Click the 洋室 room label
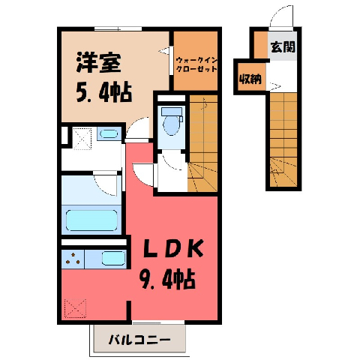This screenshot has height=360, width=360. pos(99,62)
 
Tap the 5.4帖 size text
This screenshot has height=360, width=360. pos(104,91)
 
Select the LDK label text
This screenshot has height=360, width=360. pos(172,249)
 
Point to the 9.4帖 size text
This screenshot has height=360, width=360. pos(167,278)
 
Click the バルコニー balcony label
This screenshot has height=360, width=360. pos(139,340)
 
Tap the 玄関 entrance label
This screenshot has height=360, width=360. pos(283,46)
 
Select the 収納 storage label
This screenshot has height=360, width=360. pos(250,79)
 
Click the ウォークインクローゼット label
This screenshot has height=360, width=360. pos(196,64)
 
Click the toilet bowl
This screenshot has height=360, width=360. pos(172,122)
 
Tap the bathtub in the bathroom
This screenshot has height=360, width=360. pos(91,220)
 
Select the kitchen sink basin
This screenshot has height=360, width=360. pos(113,258)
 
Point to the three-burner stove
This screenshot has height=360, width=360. pos(73,259)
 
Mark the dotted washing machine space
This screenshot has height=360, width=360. pos(82,138)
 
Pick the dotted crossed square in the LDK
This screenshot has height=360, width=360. pos(75,308)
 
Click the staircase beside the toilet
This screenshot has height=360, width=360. pos(202,143)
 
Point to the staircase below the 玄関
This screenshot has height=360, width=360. pos(283,139)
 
